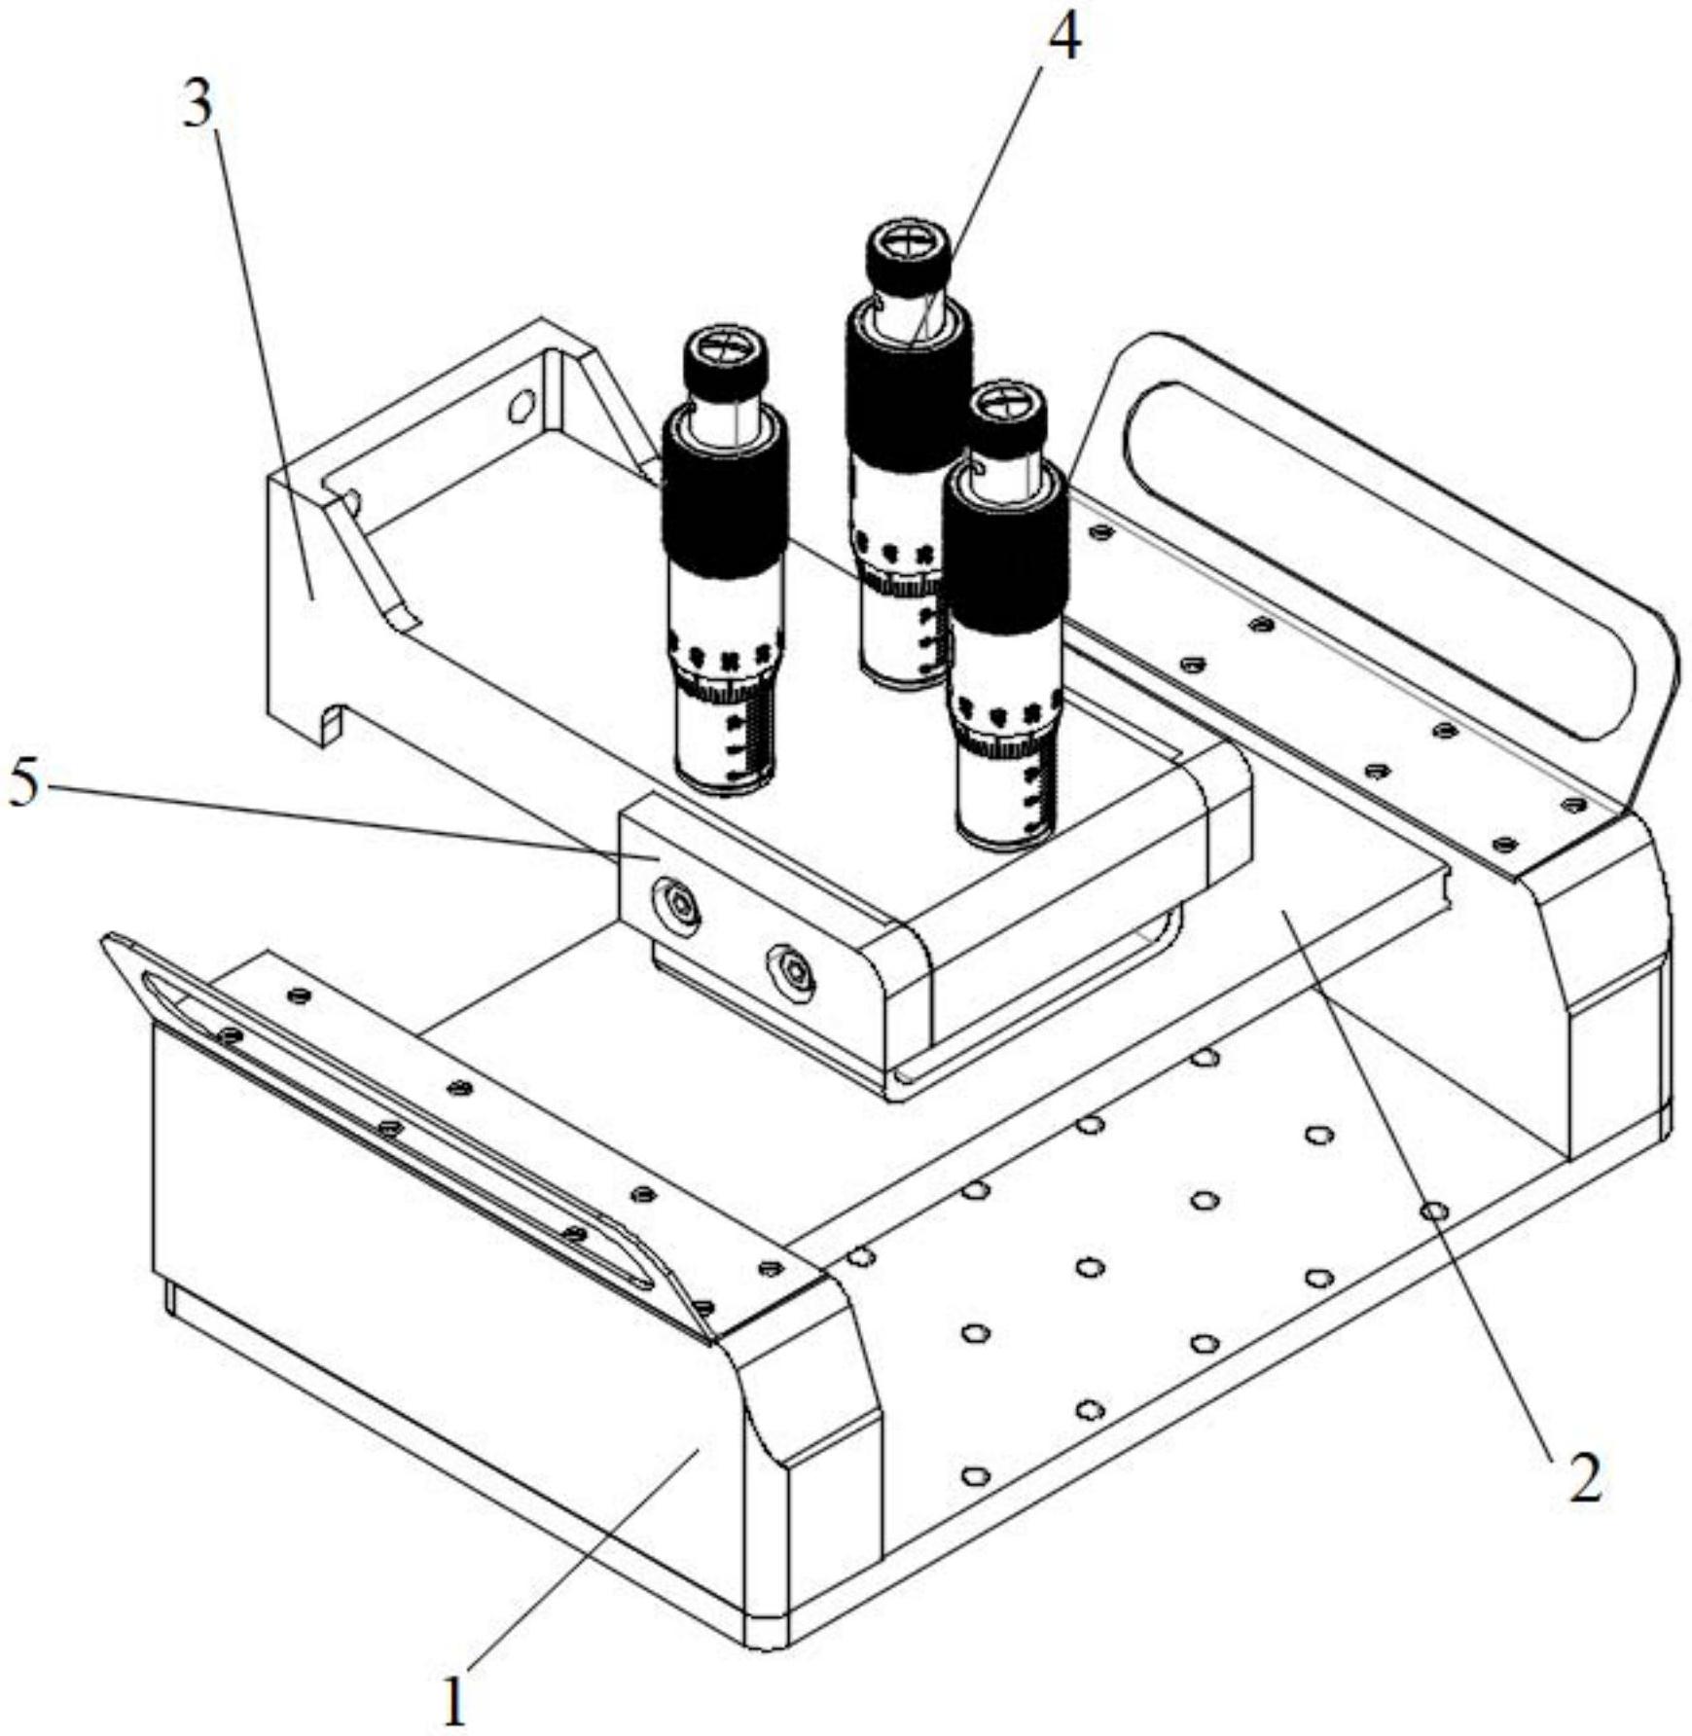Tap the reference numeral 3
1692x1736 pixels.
[x=198, y=105]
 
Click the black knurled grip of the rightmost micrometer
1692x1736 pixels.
[x=1006, y=555]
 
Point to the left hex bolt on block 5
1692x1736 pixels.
[x=679, y=906]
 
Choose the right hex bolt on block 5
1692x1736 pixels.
[x=792, y=968]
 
